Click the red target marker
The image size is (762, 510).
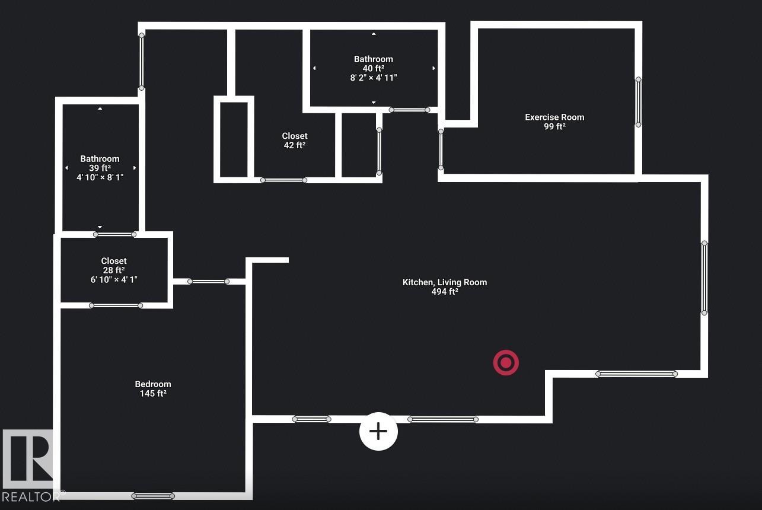[506, 363]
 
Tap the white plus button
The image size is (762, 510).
[378, 431]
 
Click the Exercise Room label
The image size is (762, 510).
[554, 117]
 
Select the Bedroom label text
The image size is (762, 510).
[153, 384]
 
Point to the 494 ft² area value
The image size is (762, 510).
[445, 291]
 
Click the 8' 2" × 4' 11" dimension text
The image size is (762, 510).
[374, 78]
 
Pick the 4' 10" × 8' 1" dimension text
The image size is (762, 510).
[100, 177]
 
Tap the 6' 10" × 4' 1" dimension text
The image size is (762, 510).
[114, 279]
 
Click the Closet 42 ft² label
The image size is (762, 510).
[295, 141]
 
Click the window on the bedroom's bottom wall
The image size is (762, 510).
[153, 496]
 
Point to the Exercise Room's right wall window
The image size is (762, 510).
[639, 102]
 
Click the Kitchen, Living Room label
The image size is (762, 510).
[445, 282]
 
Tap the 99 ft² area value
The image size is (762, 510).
[554, 126]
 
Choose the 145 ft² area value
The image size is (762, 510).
[153, 393]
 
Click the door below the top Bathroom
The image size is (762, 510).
[410, 110]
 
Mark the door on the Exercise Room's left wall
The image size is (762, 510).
[441, 149]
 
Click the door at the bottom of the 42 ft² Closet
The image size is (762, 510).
[283, 180]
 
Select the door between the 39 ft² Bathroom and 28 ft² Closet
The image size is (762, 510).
[114, 234]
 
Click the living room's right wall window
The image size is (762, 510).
[704, 278]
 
